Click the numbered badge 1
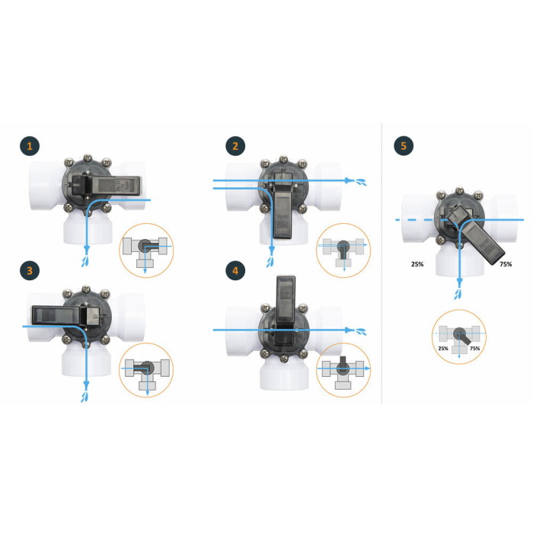(x=30, y=146)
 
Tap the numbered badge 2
(x=235, y=146)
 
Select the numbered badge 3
(x=30, y=270)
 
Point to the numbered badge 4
(x=235, y=270)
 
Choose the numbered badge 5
(x=404, y=146)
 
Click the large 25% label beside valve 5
(x=417, y=264)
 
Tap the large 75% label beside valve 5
(x=506, y=264)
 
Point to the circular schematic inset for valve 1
(x=146, y=251)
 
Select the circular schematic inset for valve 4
(x=343, y=370)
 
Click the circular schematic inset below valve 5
(x=459, y=337)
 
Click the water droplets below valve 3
(x=85, y=397)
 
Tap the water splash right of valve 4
(x=361, y=331)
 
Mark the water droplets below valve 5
(x=458, y=295)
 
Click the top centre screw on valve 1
(x=88, y=158)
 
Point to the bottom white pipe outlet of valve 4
(x=284, y=373)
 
